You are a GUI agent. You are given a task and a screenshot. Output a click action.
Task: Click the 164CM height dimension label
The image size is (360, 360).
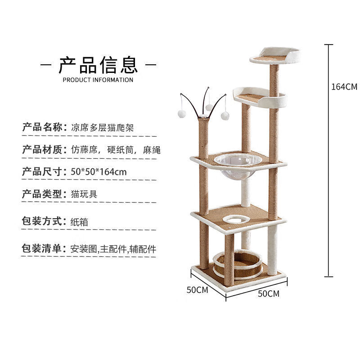click(344, 87)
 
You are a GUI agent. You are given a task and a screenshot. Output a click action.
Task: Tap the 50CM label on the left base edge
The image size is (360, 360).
click(198, 290)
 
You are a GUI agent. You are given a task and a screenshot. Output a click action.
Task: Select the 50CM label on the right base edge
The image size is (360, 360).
click(269, 294)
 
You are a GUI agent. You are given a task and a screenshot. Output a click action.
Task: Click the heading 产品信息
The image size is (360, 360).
click(98, 65)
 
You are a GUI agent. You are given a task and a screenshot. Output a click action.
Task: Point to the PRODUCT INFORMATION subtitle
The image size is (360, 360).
click(98, 80)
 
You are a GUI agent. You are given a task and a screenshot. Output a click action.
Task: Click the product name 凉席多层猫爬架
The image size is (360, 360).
click(103, 128)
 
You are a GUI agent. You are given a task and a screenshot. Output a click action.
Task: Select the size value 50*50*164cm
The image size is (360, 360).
click(99, 172)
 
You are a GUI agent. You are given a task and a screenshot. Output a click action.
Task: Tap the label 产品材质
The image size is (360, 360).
click(42, 149)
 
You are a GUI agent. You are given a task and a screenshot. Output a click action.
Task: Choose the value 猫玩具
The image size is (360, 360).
click(84, 194)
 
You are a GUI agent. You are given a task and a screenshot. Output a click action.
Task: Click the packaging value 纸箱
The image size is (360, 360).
click(79, 222)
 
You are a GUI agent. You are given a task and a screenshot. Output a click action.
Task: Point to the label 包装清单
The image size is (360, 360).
click(41, 248)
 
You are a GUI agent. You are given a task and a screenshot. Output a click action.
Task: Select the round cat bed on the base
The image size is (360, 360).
click(238, 264)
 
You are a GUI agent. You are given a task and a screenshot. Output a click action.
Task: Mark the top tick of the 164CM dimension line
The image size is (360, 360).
click(329, 45)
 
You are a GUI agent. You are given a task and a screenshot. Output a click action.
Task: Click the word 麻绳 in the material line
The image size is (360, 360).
click(152, 150)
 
